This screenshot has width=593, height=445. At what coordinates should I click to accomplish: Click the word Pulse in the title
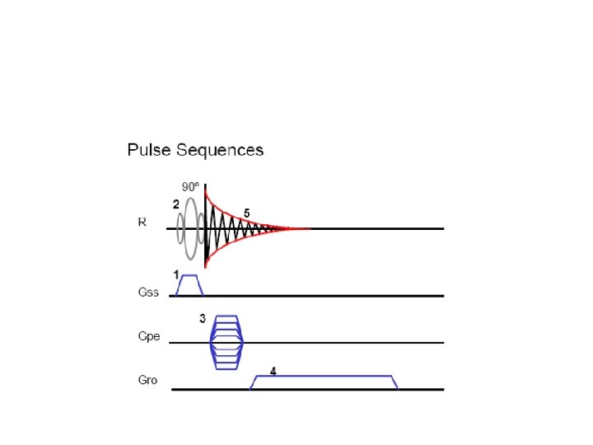click(147, 150)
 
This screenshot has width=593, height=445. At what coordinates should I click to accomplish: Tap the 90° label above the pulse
click(190, 185)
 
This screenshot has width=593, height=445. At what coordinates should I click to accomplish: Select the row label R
click(142, 222)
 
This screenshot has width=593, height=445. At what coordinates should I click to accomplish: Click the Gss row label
click(147, 292)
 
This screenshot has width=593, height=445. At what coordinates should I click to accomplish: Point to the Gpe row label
click(148, 336)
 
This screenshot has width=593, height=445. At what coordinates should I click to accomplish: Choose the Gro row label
click(147, 381)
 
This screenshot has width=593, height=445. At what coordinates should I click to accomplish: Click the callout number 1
click(175, 273)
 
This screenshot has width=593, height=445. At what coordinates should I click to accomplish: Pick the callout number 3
click(202, 319)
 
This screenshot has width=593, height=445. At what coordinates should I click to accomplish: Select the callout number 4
click(273, 371)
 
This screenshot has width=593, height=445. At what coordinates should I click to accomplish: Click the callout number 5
click(246, 213)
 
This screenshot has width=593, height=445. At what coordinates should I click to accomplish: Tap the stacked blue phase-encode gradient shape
click(226, 341)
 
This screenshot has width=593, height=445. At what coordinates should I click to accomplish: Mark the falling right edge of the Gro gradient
click(395, 382)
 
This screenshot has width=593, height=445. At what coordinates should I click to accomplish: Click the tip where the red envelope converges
click(310, 228)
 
